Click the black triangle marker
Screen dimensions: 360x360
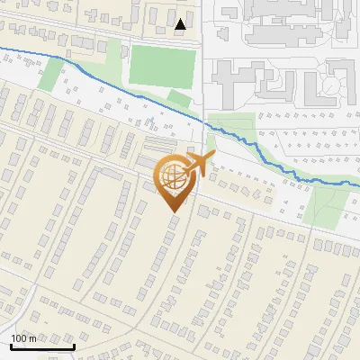[181, 24]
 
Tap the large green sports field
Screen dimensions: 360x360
[162, 66]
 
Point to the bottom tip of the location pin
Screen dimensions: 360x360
[173, 211]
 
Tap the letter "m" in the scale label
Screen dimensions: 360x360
[32, 338]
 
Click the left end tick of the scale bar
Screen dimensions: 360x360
[11, 346]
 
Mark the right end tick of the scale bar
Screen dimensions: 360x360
[74, 346]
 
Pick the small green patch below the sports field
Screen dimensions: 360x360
[179, 99]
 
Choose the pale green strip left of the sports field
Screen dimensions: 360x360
[114, 58]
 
